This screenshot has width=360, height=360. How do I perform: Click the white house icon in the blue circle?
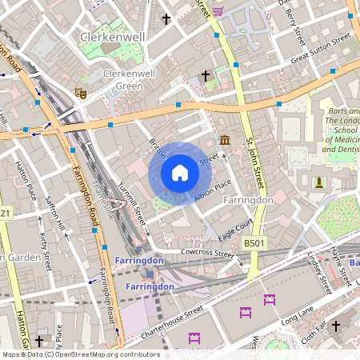click(x=180, y=173)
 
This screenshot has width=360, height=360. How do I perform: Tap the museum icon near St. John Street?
click(x=225, y=141)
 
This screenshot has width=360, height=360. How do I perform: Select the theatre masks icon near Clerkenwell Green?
click(x=79, y=93)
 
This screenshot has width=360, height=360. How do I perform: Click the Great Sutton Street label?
click(x=322, y=48)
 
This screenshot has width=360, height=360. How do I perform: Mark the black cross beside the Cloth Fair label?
click(x=336, y=326)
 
